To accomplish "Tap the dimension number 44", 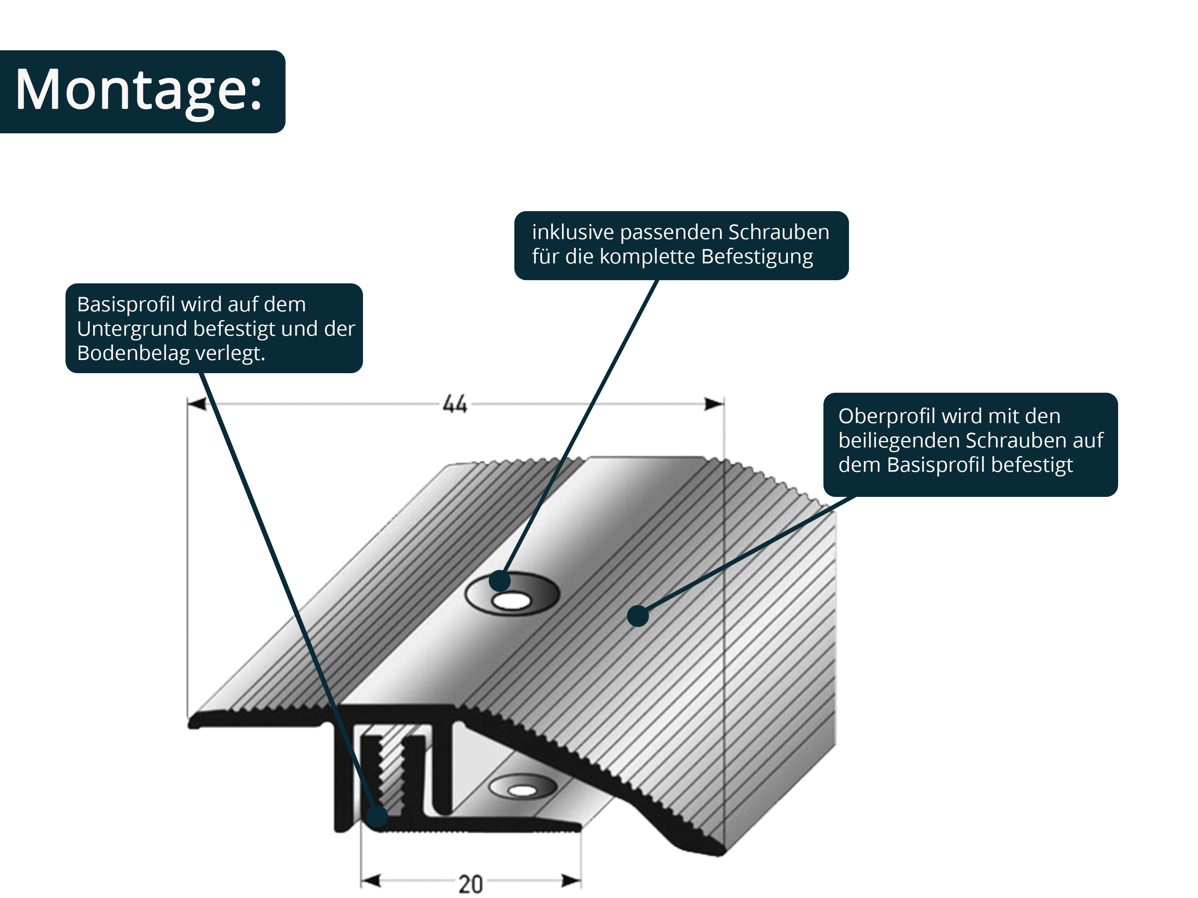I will pyautogui.click(x=454, y=404).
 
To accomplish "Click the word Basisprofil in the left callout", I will pyautogui.click(x=126, y=305).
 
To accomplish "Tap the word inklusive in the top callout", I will pyautogui.click(x=573, y=232).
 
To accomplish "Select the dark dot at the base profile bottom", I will pyautogui.click(x=377, y=816).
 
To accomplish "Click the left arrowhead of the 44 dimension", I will pyautogui.click(x=197, y=404).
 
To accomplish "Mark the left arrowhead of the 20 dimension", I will pyautogui.click(x=371, y=881).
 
